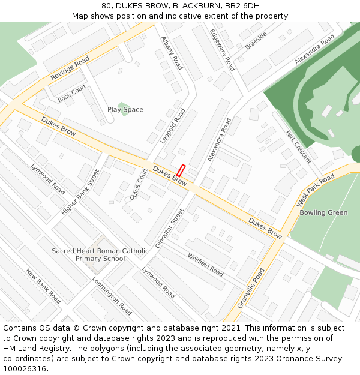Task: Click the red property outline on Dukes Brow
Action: click(x=181, y=170)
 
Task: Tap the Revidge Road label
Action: click(x=70, y=68)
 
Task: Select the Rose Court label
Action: click(x=72, y=92)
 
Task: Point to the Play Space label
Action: click(x=125, y=109)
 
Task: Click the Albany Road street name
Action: click(x=172, y=53)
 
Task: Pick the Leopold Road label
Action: click(x=173, y=126)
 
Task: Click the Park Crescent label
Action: click(x=298, y=147)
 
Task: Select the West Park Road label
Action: click(x=316, y=191)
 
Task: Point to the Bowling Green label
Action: click(x=323, y=212)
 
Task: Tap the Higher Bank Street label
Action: click(x=80, y=192)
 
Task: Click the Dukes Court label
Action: click(x=139, y=184)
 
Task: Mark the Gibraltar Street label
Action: click(x=169, y=228)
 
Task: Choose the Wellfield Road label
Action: click(x=205, y=265)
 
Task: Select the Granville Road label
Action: click(x=251, y=288)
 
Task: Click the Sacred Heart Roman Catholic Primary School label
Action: click(x=100, y=254)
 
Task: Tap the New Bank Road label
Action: click(x=43, y=286)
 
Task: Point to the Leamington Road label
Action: click(x=112, y=296)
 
